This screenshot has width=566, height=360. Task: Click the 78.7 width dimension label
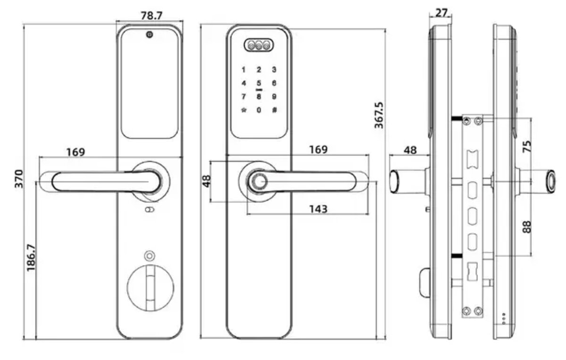click(x=151, y=16)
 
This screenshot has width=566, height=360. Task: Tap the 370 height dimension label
click(x=19, y=179)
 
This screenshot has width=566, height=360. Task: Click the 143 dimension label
click(x=318, y=209)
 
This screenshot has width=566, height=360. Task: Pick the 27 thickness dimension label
click(x=441, y=12)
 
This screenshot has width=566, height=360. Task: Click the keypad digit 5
click(x=258, y=84)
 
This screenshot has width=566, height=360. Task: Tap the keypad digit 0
click(x=258, y=110)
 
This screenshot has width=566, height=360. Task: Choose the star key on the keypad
click(x=243, y=110)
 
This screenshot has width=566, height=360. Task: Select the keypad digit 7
click(x=243, y=97)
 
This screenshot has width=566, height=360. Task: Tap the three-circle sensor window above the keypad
click(x=258, y=45)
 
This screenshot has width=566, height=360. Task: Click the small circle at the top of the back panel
click(x=150, y=34)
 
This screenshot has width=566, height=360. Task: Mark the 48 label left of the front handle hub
click(x=207, y=181)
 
